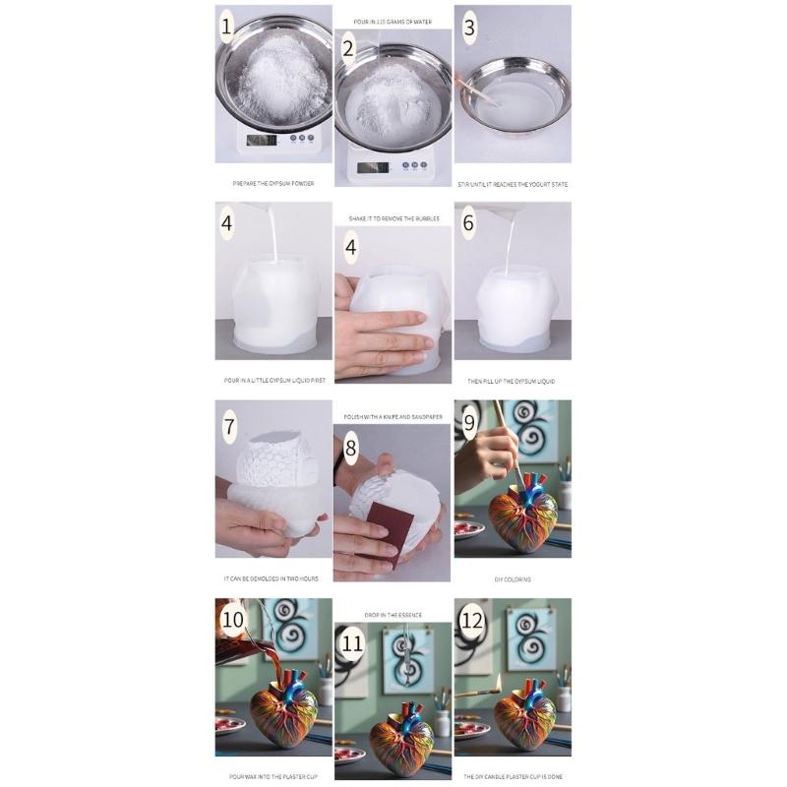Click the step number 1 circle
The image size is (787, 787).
click(226, 28)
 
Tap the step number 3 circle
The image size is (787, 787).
click(469, 28)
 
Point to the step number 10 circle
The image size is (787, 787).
click(233, 620)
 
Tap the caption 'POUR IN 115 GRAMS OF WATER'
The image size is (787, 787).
click(393, 21)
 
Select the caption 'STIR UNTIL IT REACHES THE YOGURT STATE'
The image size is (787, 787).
click(513, 184)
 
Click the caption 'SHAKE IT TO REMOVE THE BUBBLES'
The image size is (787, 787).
click(393, 218)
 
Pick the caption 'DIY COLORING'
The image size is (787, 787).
click(513, 579)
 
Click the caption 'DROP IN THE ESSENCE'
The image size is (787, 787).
click(393, 615)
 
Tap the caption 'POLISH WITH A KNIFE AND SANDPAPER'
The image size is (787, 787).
click(393, 417)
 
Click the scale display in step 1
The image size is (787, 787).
click(261, 140)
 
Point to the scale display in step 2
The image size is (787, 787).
click(372, 167)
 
